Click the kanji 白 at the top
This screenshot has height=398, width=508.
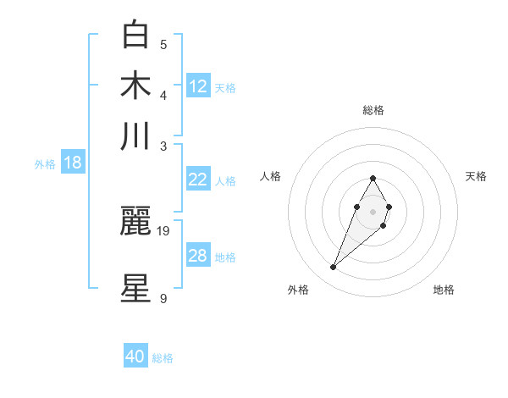(x=135, y=36)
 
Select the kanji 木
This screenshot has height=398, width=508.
(x=135, y=86)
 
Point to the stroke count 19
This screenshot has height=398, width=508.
(x=163, y=230)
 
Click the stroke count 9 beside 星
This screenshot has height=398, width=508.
(x=163, y=298)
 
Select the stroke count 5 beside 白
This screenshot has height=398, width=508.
(x=163, y=45)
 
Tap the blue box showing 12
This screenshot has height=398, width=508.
(x=198, y=86)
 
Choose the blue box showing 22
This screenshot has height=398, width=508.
(x=197, y=180)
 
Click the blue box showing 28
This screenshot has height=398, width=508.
(x=197, y=256)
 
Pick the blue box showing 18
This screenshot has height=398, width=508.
(x=72, y=163)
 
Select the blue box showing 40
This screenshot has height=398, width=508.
(x=135, y=357)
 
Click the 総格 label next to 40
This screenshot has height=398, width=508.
(x=163, y=358)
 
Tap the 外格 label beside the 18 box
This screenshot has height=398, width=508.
(x=45, y=164)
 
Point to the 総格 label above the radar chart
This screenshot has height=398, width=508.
(x=373, y=110)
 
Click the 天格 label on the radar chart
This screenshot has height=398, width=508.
(x=476, y=176)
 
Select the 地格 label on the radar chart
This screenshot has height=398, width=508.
(x=444, y=290)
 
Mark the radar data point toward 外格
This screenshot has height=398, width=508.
(x=334, y=268)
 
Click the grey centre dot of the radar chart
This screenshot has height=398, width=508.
(x=373, y=210)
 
